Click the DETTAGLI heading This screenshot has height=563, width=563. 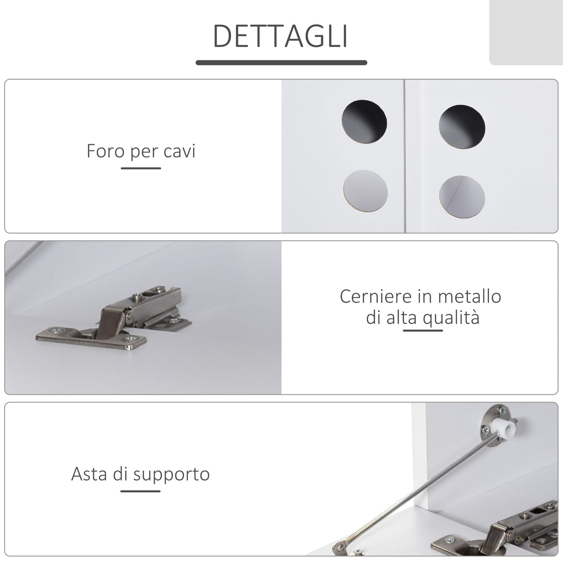pyautogui.click(x=281, y=36)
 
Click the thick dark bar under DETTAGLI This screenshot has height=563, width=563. pyautogui.click(x=281, y=62)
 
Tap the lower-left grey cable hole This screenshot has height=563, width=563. pyautogui.click(x=365, y=191)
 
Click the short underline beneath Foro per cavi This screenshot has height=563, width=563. pyautogui.click(x=141, y=168)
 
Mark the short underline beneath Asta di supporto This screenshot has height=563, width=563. pyautogui.click(x=140, y=491)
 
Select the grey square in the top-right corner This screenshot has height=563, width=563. pyautogui.click(x=526, y=32)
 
